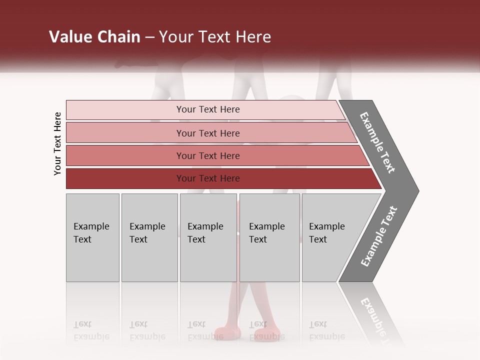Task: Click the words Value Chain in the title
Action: click(x=94, y=37)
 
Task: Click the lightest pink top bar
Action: click(x=125, y=110)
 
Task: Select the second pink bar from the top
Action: click(x=125, y=133)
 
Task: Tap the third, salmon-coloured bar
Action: click(x=125, y=155)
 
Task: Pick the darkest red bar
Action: click(x=125, y=178)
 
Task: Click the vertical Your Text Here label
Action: click(x=57, y=143)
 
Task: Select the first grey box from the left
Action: click(x=92, y=237)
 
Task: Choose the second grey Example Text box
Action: click(x=149, y=237)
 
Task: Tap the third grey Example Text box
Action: click(x=208, y=237)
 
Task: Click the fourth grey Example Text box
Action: click(x=269, y=237)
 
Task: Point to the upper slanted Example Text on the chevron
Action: click(x=378, y=142)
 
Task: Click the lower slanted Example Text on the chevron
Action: click(x=379, y=236)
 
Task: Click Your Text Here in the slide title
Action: click(x=214, y=37)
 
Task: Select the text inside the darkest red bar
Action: click(x=208, y=178)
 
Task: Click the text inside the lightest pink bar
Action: click(x=208, y=109)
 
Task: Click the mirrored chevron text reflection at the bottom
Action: click(x=377, y=320)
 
